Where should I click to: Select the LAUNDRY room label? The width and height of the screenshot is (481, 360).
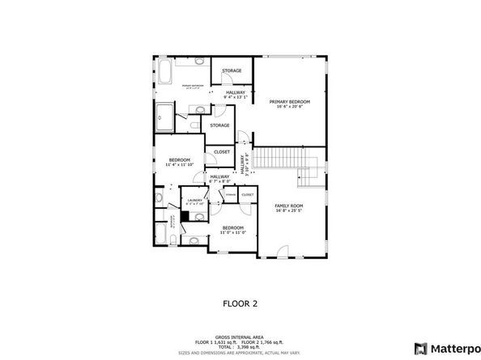[x=194, y=200]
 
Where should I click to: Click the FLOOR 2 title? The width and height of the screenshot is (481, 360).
[x=240, y=303]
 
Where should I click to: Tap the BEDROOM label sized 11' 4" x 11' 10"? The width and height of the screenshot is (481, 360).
[x=179, y=159]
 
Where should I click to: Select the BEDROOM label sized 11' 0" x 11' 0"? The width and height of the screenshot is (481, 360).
[x=233, y=227]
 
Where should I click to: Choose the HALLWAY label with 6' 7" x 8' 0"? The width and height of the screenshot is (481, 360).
[x=219, y=176]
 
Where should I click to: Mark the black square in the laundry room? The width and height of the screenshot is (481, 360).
[x=186, y=217]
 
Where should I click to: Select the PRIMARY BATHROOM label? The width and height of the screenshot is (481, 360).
[x=192, y=85]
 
